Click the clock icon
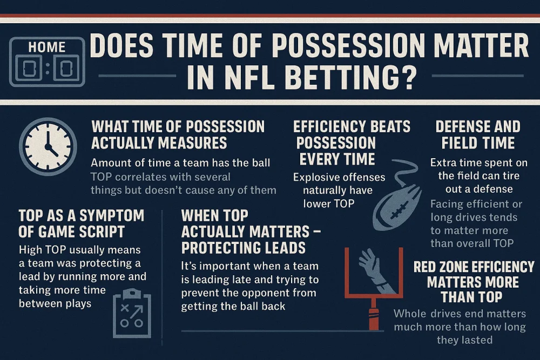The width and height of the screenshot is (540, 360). coord(48,146)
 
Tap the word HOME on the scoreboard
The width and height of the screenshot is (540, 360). coord(46,47)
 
